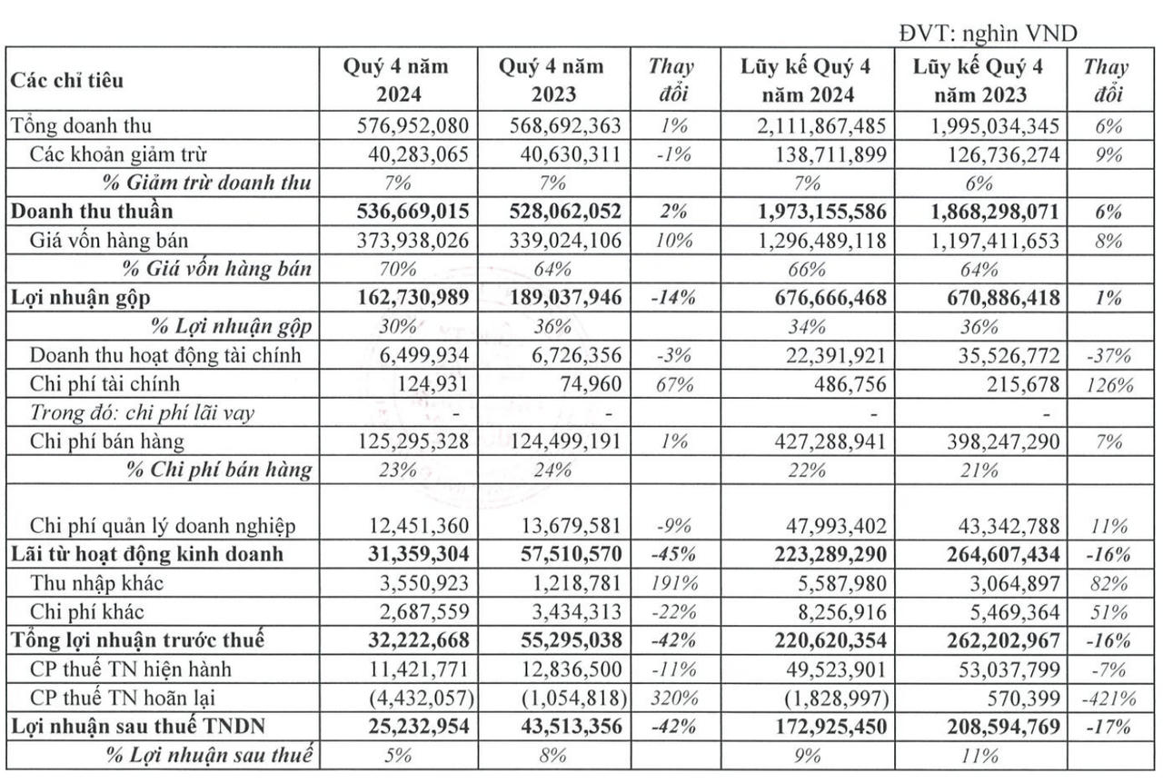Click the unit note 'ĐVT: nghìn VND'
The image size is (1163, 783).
pos(988,34)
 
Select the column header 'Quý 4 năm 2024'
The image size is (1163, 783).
pos(395,80)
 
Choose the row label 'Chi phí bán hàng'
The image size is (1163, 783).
pos(107,441)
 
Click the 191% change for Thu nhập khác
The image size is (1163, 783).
pos(671,582)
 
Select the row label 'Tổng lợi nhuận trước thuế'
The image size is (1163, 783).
pos(138,639)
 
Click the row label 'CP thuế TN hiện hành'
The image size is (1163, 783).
pos(118,669)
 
